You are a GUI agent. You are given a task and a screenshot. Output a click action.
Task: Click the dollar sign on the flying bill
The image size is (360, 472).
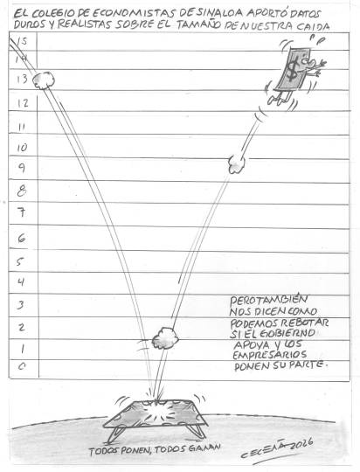[x=292, y=71]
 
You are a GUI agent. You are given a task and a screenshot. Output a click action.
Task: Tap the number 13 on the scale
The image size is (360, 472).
[x=22, y=80]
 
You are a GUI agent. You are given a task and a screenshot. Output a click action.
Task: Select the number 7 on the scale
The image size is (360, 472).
[x=22, y=213]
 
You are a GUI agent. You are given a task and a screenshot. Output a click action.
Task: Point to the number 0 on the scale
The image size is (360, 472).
[x=22, y=366]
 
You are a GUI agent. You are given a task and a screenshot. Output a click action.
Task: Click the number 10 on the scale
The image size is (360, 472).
[x=22, y=148]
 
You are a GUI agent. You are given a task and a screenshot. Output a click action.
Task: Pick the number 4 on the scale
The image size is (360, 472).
[x=21, y=282]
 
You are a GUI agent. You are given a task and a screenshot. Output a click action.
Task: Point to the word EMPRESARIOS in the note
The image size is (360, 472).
[x=270, y=355]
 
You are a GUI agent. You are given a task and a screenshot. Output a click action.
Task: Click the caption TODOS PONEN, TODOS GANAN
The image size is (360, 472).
[x=155, y=449]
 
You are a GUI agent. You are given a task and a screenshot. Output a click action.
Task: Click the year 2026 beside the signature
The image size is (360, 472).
[x=301, y=445]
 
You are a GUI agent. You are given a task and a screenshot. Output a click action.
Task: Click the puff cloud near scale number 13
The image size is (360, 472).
[x=44, y=80]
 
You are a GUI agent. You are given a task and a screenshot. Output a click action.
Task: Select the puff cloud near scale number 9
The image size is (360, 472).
[x=237, y=164]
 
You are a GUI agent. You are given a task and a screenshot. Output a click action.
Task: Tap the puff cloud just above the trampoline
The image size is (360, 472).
[x=164, y=338]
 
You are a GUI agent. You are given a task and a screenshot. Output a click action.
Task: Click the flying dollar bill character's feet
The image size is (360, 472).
[x=279, y=99]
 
